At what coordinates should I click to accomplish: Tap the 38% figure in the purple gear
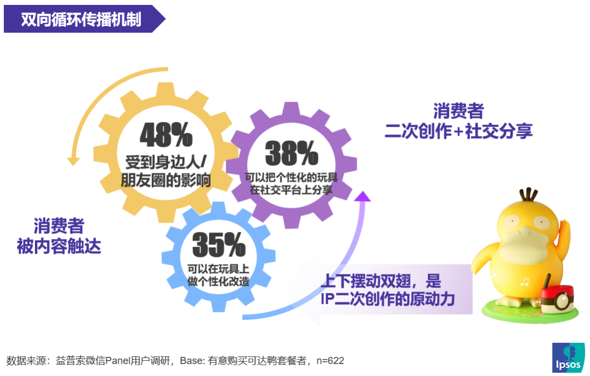pyautogui.click(x=291, y=153)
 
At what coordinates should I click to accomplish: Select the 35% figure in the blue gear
pyautogui.click(x=219, y=246)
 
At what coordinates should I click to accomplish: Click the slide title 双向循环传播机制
pyautogui.click(x=81, y=20)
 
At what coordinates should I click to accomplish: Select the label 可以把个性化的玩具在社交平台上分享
pyautogui.click(x=291, y=183)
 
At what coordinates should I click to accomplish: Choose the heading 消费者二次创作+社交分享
pyautogui.click(x=458, y=121)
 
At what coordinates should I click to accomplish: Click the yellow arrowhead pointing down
pyautogui.click(x=73, y=161)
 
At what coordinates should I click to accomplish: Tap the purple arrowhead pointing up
pyautogui.click(x=363, y=196)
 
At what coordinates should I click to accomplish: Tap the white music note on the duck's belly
pyautogui.click(x=525, y=282)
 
